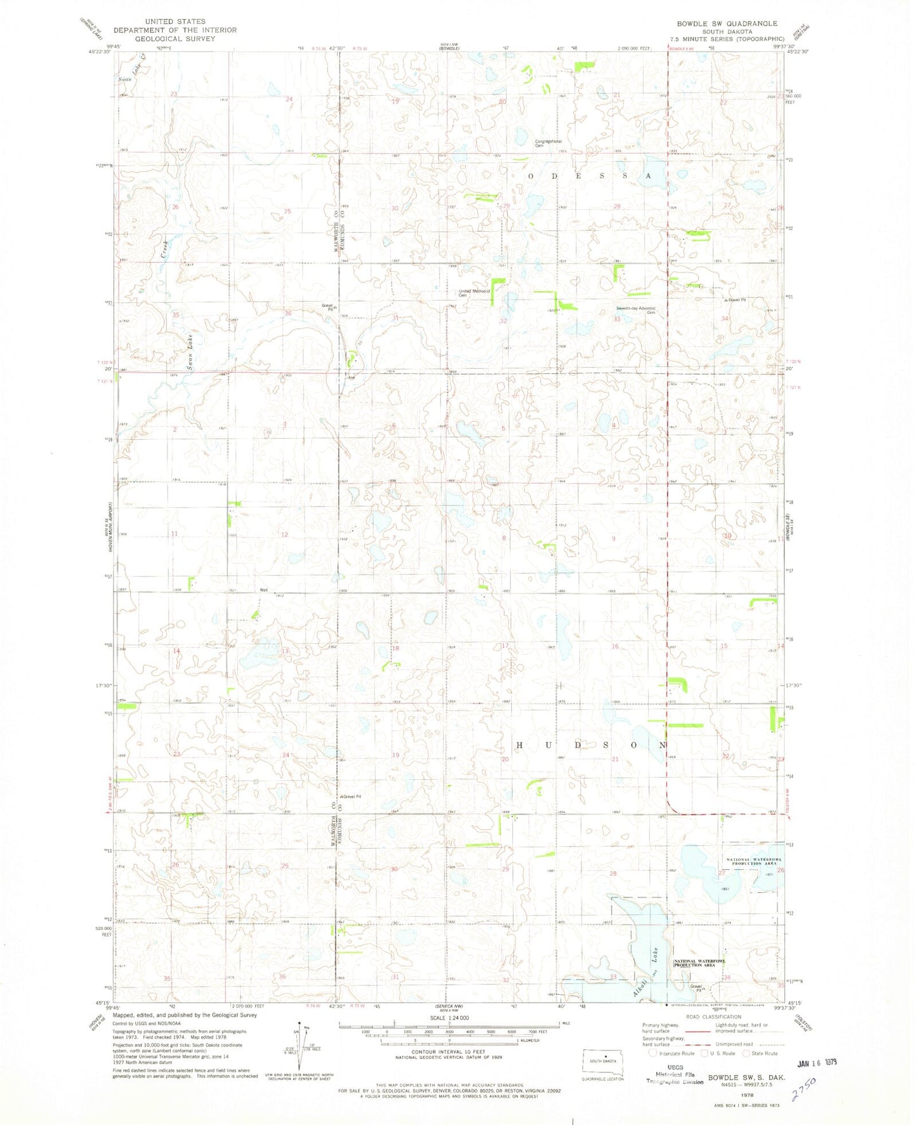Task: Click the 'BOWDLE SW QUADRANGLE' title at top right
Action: [x=727, y=23]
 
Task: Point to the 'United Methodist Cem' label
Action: [x=475, y=293]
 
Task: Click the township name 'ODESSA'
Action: [x=588, y=176]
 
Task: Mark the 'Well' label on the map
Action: [x=263, y=590]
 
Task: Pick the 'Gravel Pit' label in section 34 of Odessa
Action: [x=737, y=300]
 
